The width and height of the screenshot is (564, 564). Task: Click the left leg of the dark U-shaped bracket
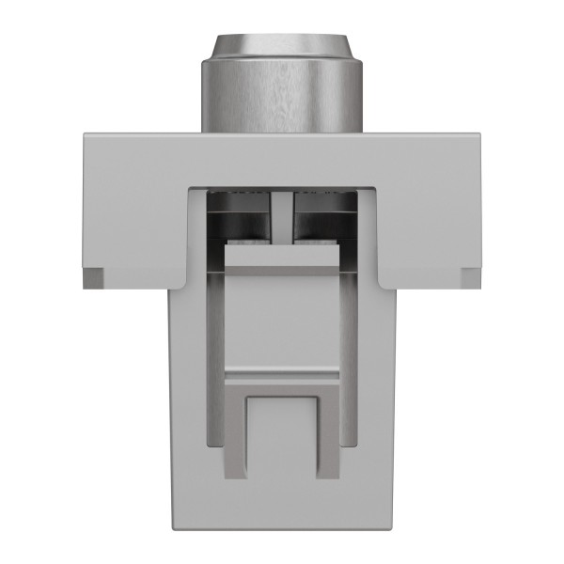pos(235,432)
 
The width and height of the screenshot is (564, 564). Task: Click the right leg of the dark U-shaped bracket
pos(329,432)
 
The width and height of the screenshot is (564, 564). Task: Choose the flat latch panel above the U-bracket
pos(282,315)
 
